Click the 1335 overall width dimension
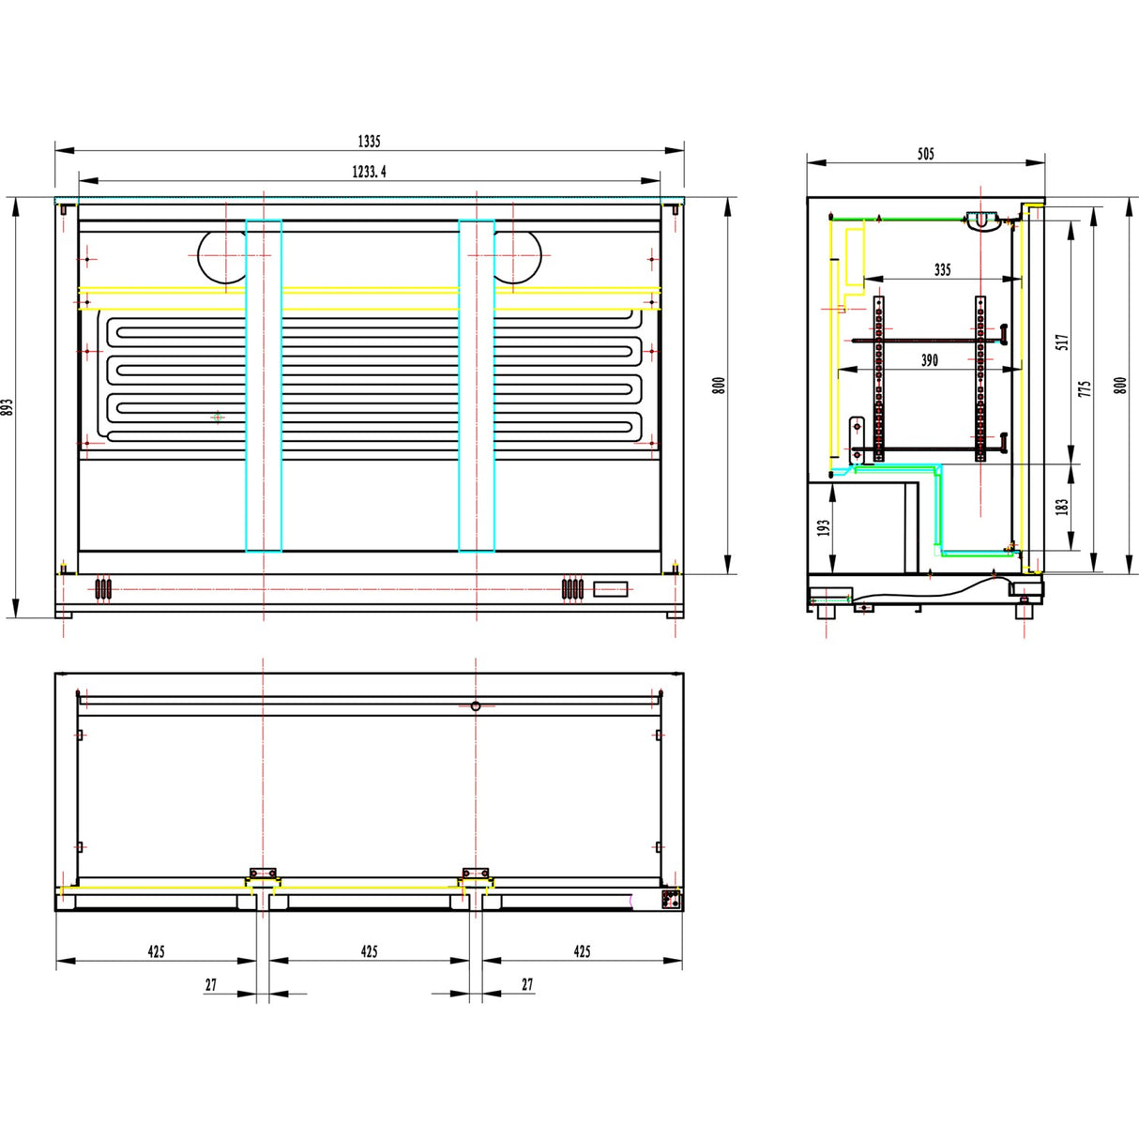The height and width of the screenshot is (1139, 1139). point(369,142)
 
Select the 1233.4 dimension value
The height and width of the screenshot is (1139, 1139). point(369,172)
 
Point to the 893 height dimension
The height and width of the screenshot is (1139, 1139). point(8,407)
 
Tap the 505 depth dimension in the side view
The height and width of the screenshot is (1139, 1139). point(926,154)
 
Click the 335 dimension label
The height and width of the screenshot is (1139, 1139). point(943,270)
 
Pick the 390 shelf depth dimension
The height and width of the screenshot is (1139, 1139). point(929,360)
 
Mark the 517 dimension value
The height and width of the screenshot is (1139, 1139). point(1062,342)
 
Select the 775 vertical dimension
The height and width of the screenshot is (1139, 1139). point(1085,387)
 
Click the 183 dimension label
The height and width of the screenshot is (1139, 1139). point(1062,507)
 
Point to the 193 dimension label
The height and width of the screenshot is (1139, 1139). point(824,528)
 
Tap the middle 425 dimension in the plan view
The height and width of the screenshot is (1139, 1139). point(369,951)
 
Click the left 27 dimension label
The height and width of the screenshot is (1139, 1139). point(211,984)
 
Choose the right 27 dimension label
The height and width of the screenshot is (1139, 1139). point(527,984)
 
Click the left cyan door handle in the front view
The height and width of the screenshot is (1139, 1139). point(264,386)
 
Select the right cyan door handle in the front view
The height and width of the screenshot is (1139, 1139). point(477,386)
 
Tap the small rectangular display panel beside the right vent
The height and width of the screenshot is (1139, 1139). point(612,589)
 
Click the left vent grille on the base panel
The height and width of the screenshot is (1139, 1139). point(103,589)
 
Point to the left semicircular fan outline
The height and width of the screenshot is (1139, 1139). point(222,255)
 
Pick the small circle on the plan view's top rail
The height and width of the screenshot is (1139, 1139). point(476,706)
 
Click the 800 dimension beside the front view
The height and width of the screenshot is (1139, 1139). point(719,385)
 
